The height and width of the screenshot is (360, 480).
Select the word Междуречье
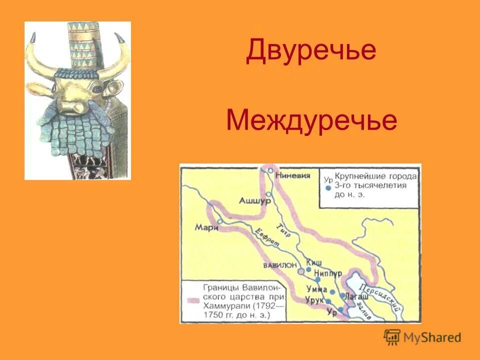pos(311,120)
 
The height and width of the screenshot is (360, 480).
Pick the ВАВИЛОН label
pos(280,264)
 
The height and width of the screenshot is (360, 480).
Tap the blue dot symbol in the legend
pos(328,188)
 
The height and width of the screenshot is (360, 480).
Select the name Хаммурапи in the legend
pos(224,306)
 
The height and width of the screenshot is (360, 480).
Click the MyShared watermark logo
pos(422,337)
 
